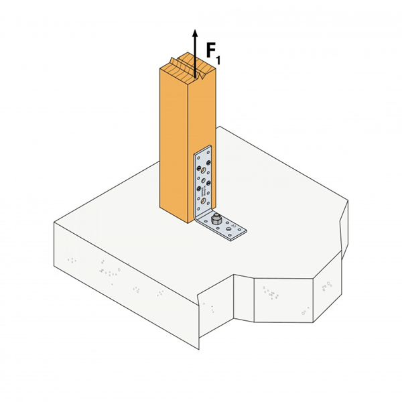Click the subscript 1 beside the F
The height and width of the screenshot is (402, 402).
(x=218, y=61)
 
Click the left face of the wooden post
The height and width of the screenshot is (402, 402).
(x=173, y=141)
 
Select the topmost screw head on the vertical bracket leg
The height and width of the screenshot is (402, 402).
(x=208, y=162)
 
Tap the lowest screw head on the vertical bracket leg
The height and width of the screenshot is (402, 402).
(x=198, y=188)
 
